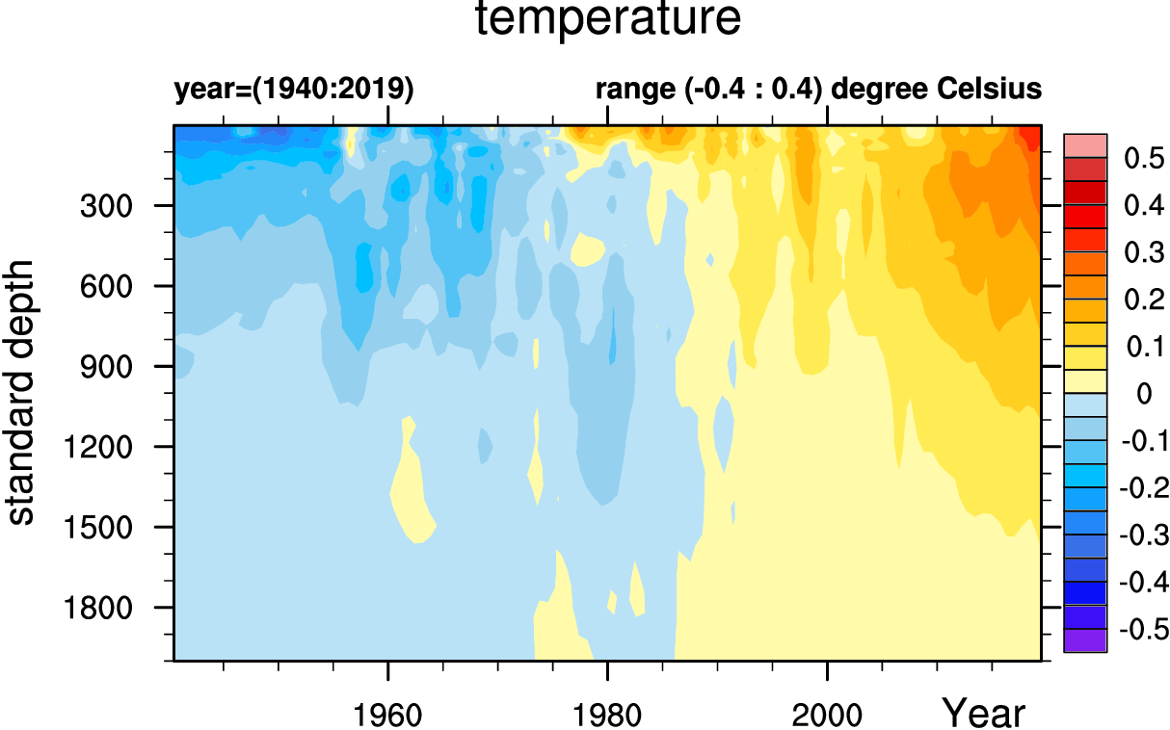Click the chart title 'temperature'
coord(609,20)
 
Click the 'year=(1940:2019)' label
coord(294,90)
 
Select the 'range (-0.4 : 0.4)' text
coord(709,90)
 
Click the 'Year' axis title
coord(983,714)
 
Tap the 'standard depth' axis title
coord(21,392)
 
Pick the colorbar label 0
coord(1144,394)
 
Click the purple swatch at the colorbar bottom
coord(1085,640)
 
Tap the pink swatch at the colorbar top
coord(1085,145)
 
